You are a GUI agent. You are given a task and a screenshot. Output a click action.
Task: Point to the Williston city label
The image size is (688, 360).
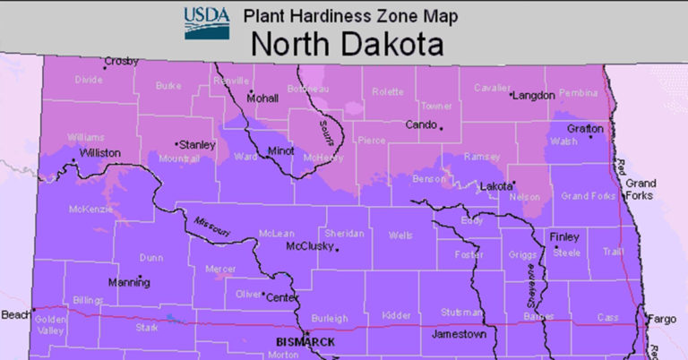[100, 153]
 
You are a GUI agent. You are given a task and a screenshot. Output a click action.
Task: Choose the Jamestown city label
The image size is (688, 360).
[459, 334]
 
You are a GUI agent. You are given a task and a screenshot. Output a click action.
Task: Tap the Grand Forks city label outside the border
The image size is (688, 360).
[641, 189]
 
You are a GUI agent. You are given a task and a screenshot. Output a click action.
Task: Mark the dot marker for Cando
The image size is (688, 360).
[441, 127]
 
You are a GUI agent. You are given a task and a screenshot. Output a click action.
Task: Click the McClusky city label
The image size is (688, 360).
[309, 246]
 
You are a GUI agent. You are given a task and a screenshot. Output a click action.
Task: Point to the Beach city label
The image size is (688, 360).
[14, 314]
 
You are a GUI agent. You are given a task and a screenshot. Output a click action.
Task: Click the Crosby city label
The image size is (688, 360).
[121, 61]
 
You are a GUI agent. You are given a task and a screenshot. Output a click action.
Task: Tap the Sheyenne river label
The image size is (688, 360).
[530, 288]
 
